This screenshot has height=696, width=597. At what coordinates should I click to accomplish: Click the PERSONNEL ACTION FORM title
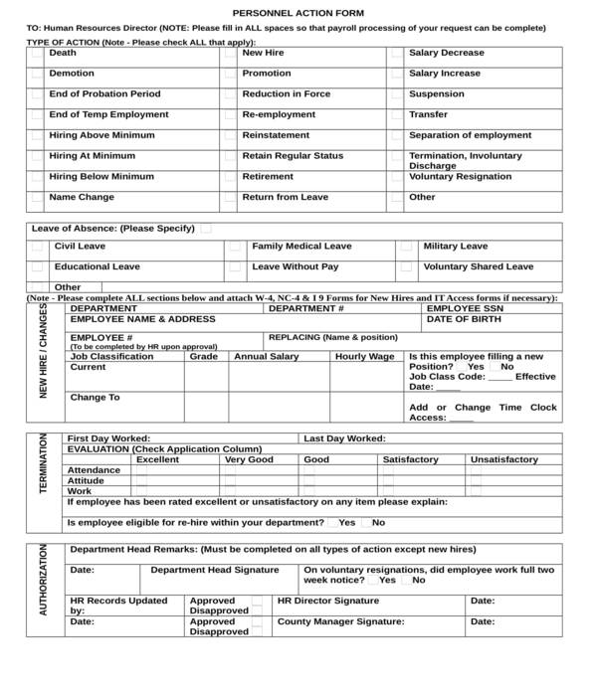tap(298, 12)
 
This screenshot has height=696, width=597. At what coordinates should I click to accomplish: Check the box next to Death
tap(37, 54)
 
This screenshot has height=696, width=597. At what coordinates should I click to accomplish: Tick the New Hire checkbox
tap(230, 54)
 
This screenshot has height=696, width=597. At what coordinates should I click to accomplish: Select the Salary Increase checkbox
tap(397, 75)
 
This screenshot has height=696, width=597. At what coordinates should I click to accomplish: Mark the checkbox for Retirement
tap(230, 178)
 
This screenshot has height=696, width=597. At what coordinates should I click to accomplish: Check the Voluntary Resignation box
tap(397, 178)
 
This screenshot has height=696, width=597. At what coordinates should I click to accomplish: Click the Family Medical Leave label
tap(301, 247)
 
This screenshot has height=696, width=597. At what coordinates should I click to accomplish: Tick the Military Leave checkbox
tap(406, 247)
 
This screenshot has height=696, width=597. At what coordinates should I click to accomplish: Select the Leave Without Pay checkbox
tap(235, 267)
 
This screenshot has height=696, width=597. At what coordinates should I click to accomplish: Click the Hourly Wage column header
tap(364, 357)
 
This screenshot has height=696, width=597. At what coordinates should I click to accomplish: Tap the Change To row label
tap(95, 398)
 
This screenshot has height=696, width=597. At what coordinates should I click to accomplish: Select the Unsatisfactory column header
tap(503, 460)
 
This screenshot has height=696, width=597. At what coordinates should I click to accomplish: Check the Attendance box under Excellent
tap(141, 470)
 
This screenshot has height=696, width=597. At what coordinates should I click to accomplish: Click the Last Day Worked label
tap(344, 438)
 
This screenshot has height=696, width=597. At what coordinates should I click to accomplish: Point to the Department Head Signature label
tap(214, 571)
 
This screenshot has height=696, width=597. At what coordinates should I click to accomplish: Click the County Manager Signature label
tap(340, 621)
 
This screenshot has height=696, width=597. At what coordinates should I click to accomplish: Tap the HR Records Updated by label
tap(118, 606)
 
